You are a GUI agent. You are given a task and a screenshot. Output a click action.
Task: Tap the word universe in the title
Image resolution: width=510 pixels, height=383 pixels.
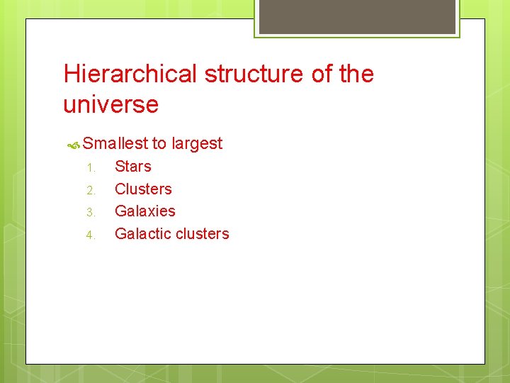[110, 105]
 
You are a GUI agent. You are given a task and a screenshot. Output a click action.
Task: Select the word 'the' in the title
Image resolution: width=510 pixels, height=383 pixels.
[356, 74]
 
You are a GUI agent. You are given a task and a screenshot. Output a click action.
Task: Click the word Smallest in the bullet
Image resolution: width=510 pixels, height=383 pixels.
[115, 143]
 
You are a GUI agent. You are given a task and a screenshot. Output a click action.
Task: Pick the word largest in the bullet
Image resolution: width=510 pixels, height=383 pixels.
[197, 143]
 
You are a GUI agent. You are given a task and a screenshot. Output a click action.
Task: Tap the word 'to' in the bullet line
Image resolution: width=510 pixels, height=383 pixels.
[159, 143]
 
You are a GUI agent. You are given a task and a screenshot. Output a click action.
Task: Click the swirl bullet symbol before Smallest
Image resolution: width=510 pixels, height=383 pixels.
[73, 145]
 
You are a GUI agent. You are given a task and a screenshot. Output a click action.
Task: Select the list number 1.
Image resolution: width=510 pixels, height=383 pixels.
[90, 168]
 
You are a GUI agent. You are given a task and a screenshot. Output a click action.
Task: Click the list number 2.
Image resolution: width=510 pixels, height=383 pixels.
[90, 190]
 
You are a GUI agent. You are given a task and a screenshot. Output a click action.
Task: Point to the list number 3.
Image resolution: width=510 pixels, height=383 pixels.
[90, 212]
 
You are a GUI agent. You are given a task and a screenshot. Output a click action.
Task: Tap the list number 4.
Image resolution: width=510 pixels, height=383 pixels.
[90, 235]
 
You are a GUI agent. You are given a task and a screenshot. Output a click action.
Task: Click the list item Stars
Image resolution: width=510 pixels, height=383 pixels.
[133, 167]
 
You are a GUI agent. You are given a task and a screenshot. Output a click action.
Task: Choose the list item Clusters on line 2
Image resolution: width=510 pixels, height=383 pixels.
[143, 189]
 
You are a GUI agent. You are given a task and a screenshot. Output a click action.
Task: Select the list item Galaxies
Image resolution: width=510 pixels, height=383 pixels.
[144, 211]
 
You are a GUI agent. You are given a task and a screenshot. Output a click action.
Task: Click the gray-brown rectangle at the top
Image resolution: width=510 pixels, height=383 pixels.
[357, 16]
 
